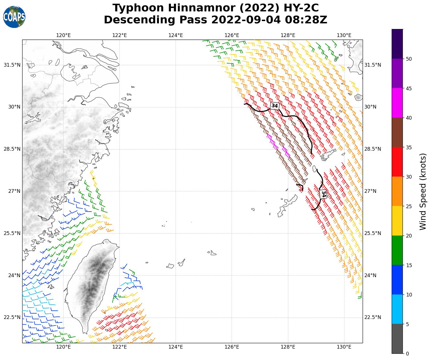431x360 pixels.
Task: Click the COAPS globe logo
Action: pyautogui.click(x=14, y=17)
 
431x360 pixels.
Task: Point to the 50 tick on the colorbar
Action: pyautogui.click(x=408, y=59)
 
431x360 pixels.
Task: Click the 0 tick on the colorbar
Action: pyautogui.click(x=407, y=353)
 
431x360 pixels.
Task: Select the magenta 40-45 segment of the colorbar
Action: pyautogui.click(x=397, y=103)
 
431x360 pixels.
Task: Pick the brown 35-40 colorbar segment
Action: pyautogui.click(x=397, y=132)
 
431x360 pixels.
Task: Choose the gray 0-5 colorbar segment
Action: pyautogui.click(x=397, y=339)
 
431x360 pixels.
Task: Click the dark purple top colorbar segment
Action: pyautogui.click(x=397, y=44)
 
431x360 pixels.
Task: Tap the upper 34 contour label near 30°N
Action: pyautogui.click(x=275, y=106)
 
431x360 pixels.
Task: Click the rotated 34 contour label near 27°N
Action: pyautogui.click(x=323, y=194)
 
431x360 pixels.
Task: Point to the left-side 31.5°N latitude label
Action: pyautogui.click(x=12, y=65)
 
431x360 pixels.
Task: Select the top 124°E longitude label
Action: pyautogui.click(x=175, y=35)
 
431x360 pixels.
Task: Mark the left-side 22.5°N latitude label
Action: pyautogui.click(x=12, y=317)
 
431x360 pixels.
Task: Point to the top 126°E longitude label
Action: pyautogui.click(x=232, y=35)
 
